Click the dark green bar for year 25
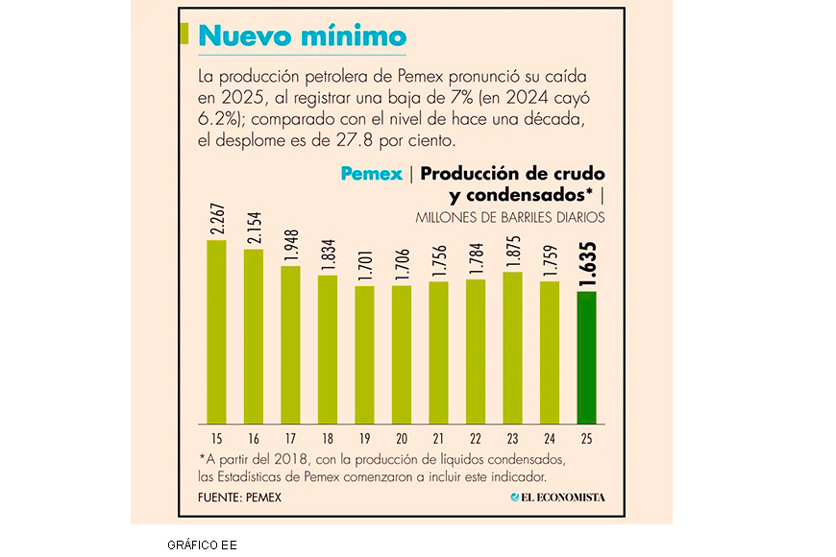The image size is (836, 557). click(x=586, y=357)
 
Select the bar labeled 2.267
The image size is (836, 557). click(x=217, y=331)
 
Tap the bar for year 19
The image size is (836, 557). click(x=364, y=354)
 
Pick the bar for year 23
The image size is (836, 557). click(x=512, y=348)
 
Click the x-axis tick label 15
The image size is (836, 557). click(x=217, y=438)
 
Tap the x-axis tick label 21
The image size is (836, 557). click(x=438, y=438)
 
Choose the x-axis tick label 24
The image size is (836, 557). click(x=550, y=438)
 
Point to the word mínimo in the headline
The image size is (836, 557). click(x=357, y=36)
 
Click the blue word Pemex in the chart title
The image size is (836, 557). click(x=371, y=175)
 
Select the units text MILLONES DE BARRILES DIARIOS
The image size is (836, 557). click(x=510, y=218)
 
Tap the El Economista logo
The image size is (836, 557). click(x=564, y=497)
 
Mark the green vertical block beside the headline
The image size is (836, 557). click(x=184, y=34)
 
